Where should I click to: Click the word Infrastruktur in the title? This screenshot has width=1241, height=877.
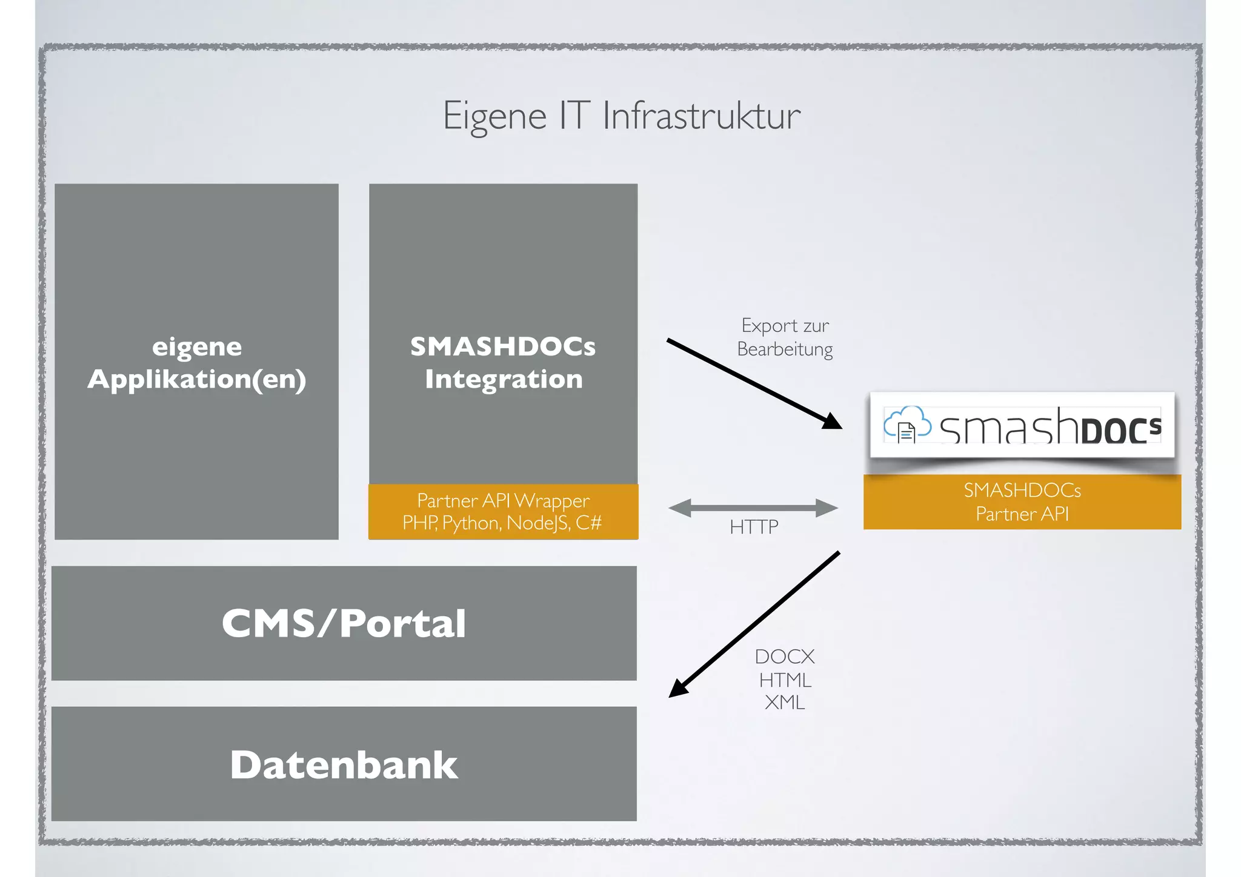701,116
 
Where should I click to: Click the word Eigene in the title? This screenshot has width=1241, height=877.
494,116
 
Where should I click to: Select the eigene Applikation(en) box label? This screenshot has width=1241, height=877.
197,363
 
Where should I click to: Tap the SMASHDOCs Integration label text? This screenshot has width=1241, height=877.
503,363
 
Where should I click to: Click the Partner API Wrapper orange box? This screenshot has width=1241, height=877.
503,511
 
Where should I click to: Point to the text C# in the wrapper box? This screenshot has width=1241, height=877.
588,523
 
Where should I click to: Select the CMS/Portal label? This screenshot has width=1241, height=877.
344,623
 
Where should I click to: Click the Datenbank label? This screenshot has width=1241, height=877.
344,764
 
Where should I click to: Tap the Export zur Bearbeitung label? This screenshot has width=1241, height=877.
785,337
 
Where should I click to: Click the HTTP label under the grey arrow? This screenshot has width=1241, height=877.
754,527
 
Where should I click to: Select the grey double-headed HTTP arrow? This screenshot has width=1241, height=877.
753,508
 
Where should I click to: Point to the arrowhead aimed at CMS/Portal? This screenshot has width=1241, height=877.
677,689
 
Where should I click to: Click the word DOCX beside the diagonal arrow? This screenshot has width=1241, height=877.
785,657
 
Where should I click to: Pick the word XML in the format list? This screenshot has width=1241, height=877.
785,703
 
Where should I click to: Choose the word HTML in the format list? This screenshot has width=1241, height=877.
785,680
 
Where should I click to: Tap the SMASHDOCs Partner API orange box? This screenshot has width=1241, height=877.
1022,502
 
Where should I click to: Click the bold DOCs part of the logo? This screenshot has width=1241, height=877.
1121,429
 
